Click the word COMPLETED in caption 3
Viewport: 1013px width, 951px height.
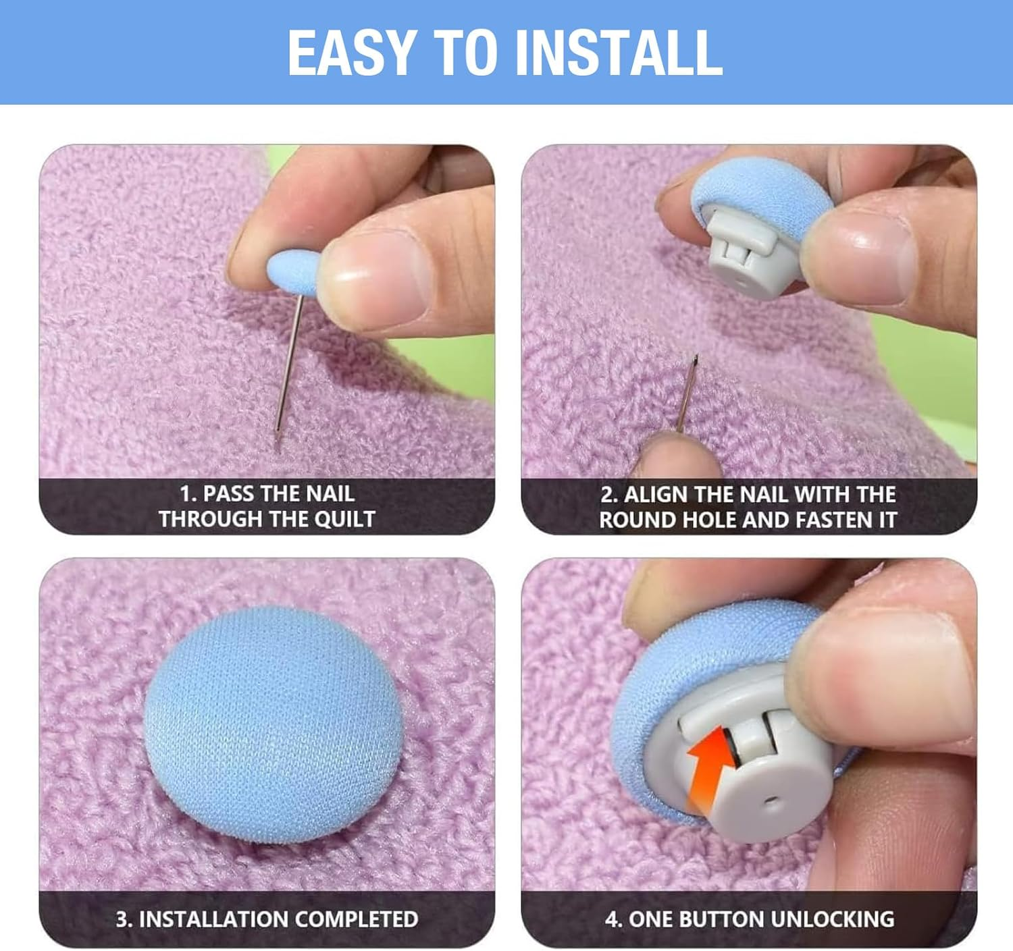click(356, 919)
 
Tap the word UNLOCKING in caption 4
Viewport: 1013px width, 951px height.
click(833, 919)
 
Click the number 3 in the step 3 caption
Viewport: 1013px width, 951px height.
click(122, 919)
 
